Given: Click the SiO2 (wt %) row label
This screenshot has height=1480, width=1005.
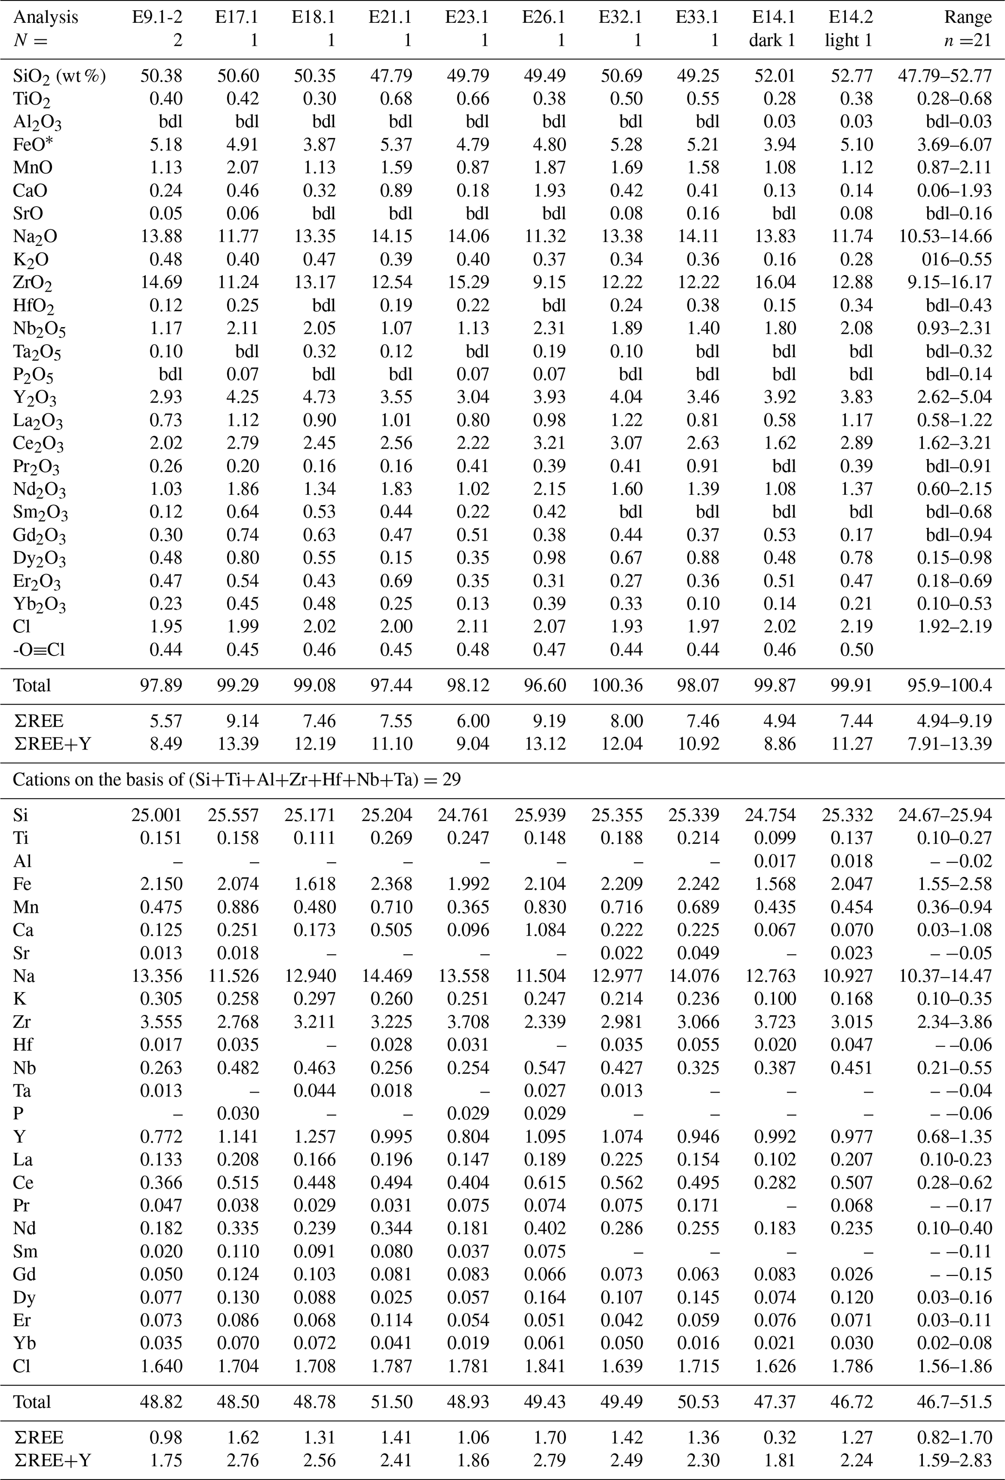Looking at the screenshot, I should pyautogui.click(x=59, y=76).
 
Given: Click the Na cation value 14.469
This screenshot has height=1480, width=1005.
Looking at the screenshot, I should pyautogui.click(x=390, y=976).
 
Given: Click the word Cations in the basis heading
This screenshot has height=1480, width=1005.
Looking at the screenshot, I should pyautogui.click(x=39, y=780).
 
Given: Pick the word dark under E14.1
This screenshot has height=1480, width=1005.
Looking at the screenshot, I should pyautogui.click(x=765, y=41).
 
